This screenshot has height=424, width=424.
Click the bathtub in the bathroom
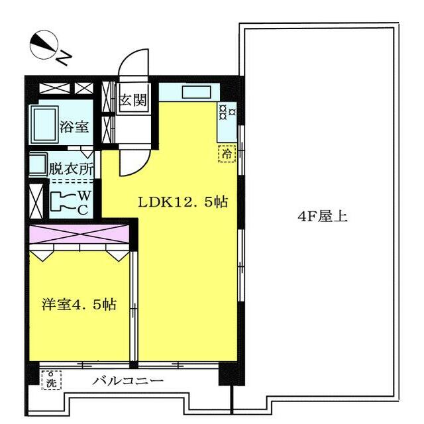46,124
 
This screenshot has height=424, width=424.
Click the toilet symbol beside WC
64,202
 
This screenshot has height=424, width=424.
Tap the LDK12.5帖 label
182,202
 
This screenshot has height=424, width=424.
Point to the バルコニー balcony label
128,381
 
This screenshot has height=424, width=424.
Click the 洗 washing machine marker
51,381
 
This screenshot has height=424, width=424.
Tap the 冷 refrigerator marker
227,154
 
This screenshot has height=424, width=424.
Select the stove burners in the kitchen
227,113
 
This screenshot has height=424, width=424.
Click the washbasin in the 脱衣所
37,164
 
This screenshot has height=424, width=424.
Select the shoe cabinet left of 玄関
107,114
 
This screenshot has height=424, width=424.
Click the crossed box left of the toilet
36,200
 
